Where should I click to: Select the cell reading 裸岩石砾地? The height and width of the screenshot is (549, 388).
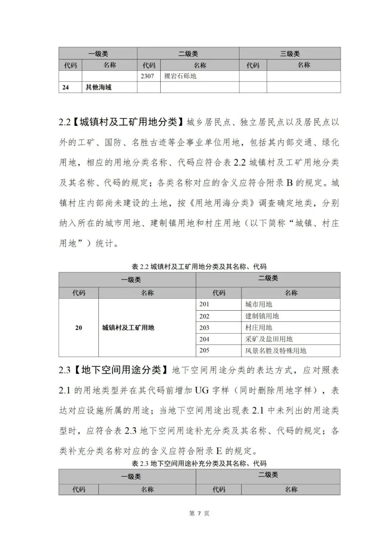[x=180, y=76]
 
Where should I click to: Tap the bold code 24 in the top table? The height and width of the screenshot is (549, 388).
[x=65, y=87]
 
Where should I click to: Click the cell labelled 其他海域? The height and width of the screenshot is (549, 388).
[x=98, y=87]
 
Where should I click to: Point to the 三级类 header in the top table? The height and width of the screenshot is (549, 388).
[x=290, y=54]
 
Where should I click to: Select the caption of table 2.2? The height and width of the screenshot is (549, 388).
[x=199, y=266]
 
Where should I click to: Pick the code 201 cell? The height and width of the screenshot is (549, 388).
[x=204, y=304]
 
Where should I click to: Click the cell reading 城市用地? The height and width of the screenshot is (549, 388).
[x=258, y=304]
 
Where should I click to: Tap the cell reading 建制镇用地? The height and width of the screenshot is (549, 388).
[x=262, y=316]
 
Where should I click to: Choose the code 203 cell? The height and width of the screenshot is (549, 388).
[x=204, y=328]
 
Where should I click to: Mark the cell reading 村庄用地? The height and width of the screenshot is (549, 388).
[x=258, y=328]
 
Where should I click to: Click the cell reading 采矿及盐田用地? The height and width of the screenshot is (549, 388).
[x=269, y=339]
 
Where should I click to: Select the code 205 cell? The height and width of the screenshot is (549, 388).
[x=204, y=351]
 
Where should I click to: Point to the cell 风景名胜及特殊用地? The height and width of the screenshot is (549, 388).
[x=276, y=351]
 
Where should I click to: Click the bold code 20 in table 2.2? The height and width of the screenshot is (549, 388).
[x=78, y=328]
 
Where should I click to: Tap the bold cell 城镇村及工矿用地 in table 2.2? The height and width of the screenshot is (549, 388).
[x=128, y=328]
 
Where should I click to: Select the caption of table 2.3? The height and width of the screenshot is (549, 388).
[x=199, y=463]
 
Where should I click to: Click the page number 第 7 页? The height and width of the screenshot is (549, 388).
[x=199, y=513]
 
